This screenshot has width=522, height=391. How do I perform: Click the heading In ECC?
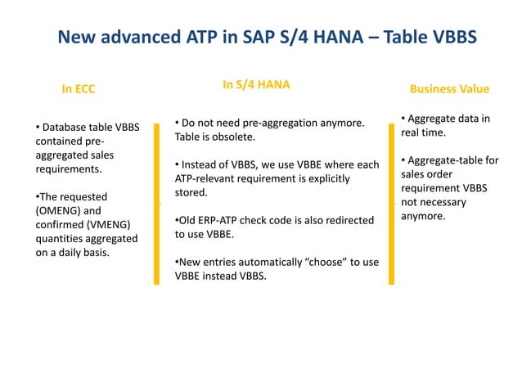79,89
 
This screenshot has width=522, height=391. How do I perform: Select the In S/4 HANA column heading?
256,84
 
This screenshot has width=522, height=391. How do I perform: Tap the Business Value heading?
449,88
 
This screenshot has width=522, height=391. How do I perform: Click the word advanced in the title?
143,38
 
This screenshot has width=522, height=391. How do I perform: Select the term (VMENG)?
107,224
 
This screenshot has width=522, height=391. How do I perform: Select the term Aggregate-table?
452,160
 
